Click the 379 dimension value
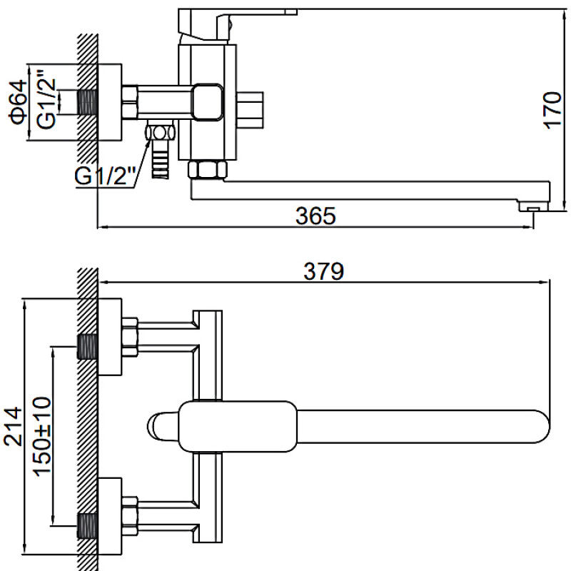pyautogui.click(x=325, y=271)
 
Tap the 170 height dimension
pyautogui.click(x=551, y=109)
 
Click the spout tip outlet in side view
pyautogui.click(x=534, y=207)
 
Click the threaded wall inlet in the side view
pyautogui.click(x=87, y=101)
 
